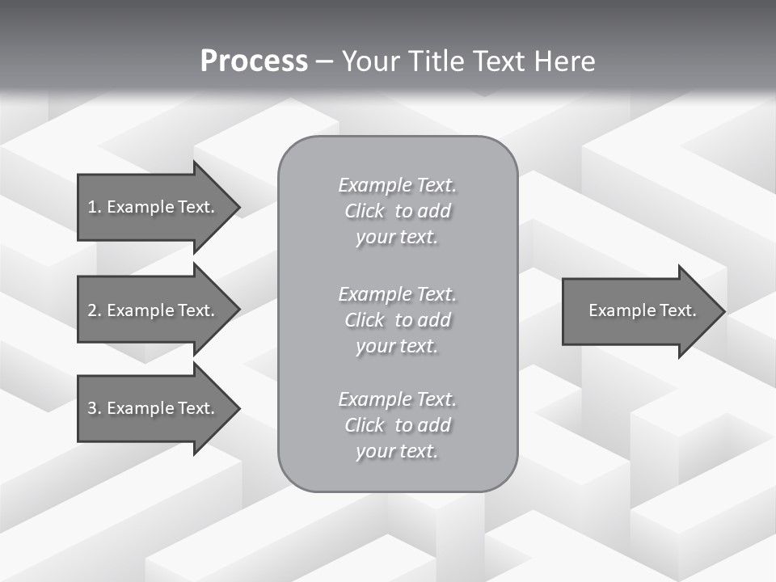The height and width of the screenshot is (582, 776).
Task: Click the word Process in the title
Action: pyautogui.click(x=254, y=61)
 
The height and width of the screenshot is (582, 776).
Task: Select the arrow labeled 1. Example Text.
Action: pyautogui.click(x=152, y=207)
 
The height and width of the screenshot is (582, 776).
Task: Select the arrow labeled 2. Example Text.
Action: pyautogui.click(x=152, y=310)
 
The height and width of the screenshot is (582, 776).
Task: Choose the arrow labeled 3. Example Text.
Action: pyautogui.click(x=152, y=408)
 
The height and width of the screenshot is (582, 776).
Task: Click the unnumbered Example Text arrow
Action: pyautogui.click(x=642, y=310)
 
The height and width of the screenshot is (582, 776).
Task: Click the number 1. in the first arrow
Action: pyautogui.click(x=95, y=207)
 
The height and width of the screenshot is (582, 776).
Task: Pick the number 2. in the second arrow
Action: pyautogui.click(x=95, y=310)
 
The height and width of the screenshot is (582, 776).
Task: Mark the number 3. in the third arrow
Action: pyautogui.click(x=95, y=408)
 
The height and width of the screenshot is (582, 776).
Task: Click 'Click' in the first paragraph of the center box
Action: pyautogui.click(x=365, y=211)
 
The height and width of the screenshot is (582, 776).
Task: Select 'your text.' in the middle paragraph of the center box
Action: pyautogui.click(x=397, y=346)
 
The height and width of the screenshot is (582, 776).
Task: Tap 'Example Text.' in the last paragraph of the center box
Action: pyautogui.click(x=397, y=399)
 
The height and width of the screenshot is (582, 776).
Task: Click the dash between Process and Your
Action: pyautogui.click(x=325, y=61)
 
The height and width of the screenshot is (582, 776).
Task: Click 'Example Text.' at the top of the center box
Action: pyautogui.click(x=397, y=185)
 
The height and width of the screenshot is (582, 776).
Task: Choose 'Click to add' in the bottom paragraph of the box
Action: pyautogui.click(x=397, y=425)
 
